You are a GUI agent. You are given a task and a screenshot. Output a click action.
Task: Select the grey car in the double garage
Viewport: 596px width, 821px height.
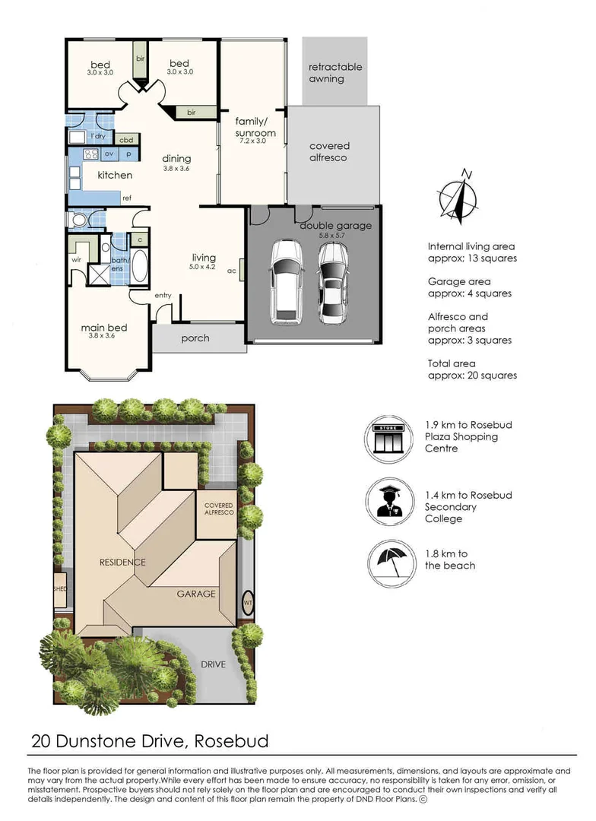[333, 283]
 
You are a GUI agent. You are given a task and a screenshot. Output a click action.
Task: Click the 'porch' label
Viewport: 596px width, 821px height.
[195, 338]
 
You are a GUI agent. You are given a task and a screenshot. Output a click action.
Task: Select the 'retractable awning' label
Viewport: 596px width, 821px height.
[335, 73]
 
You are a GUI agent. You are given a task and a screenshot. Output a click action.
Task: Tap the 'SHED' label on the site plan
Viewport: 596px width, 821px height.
[59, 589]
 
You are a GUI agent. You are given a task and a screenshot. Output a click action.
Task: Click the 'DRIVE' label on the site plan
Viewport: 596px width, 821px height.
[213, 664]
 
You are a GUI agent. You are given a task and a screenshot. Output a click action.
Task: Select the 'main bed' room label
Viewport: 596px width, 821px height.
[104, 328]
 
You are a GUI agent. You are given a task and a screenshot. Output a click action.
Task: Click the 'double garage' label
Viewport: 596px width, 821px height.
[335, 226]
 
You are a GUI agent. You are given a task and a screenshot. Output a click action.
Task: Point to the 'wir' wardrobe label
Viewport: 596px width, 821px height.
[76, 260]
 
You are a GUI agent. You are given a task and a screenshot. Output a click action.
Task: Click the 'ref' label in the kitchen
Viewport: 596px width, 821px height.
[127, 198]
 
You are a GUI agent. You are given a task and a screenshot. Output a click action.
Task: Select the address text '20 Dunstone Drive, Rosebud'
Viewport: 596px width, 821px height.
[150, 740]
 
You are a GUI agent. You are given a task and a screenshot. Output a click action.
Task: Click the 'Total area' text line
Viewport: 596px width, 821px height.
[453, 363]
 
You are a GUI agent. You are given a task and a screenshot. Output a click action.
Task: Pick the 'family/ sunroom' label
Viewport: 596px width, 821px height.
[255, 127]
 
